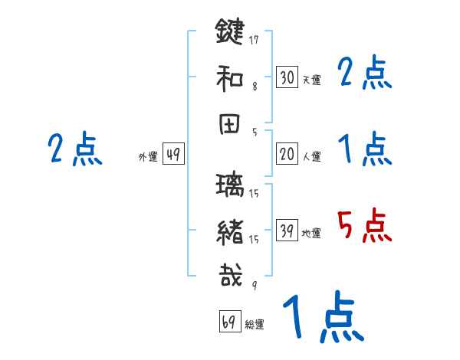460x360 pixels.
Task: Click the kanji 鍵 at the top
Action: (x=229, y=33)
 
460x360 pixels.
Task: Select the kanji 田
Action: (x=229, y=123)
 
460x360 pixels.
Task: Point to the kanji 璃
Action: (x=229, y=187)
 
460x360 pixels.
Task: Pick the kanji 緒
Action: (x=229, y=231)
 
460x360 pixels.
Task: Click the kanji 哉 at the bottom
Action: (x=229, y=275)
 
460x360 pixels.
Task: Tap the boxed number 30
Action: (x=287, y=78)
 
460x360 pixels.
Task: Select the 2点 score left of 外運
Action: (x=75, y=149)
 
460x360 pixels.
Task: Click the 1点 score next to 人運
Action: (x=365, y=148)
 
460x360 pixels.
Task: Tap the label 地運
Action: (x=311, y=234)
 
